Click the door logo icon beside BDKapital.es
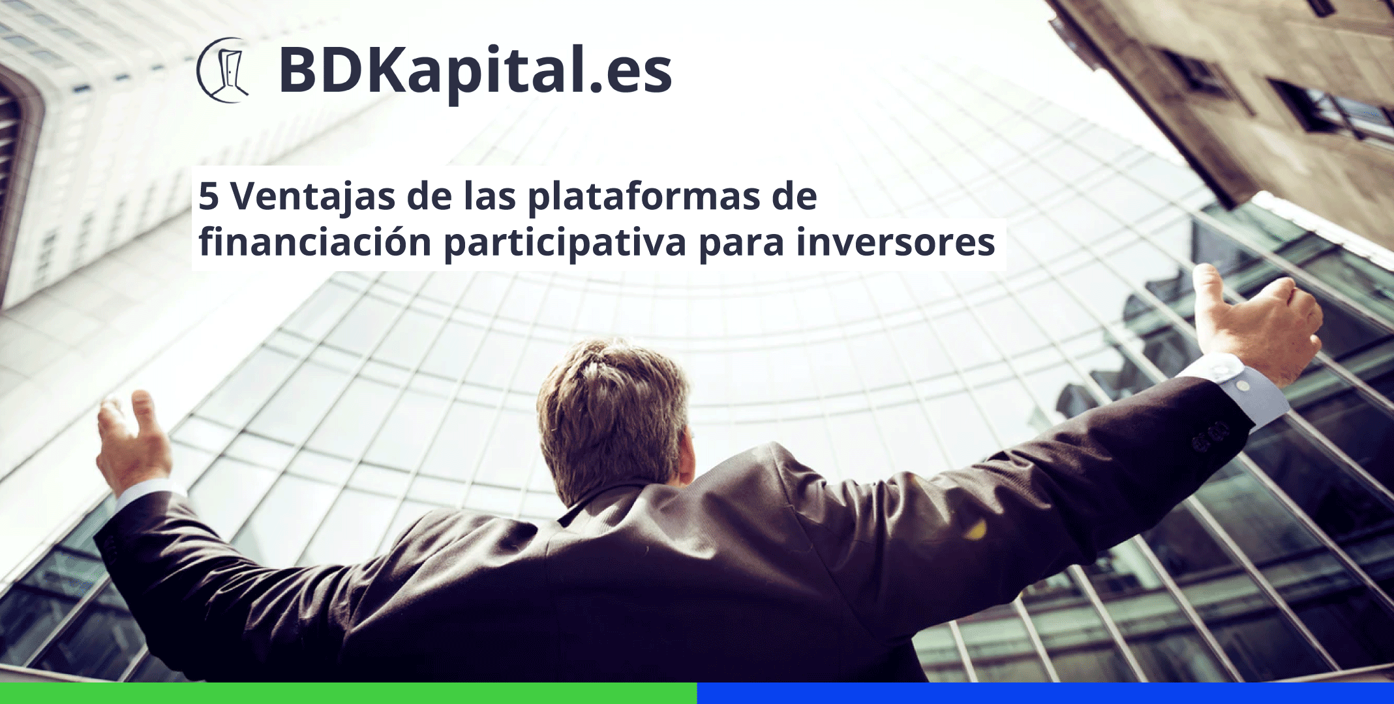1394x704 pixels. point(223,70)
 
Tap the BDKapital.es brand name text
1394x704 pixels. point(475,72)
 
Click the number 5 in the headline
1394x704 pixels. point(208,196)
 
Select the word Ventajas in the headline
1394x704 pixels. point(312,197)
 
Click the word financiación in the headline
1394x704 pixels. point(315,242)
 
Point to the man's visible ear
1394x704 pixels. point(685,456)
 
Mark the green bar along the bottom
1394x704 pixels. point(348,693)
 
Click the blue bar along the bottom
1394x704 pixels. point(1046,693)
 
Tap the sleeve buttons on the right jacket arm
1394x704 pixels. point(1211,435)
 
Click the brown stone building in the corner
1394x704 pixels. point(1239,98)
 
